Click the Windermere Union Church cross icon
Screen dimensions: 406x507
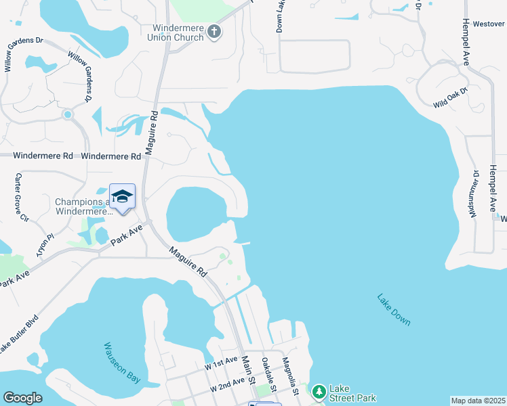(x=214, y=31)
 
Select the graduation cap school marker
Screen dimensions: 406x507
(x=122, y=196)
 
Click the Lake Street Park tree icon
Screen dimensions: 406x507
(x=319, y=391)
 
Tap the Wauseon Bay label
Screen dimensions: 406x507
(x=121, y=363)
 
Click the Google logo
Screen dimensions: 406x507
(x=22, y=398)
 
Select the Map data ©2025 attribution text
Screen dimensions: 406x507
(x=477, y=401)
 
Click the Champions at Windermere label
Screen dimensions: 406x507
(x=82, y=206)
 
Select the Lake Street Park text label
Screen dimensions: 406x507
(x=352, y=393)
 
